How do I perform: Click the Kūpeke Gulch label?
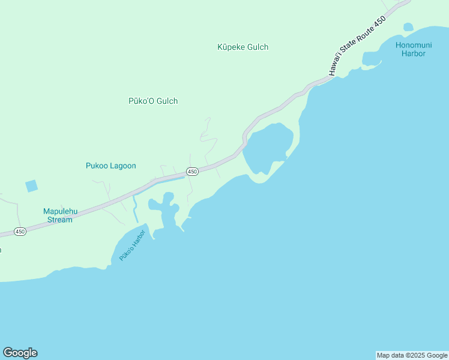(x=243, y=47)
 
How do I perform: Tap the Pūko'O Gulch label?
(x=153, y=101)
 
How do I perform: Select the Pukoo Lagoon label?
(x=111, y=166)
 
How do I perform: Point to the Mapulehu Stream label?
(x=58, y=215)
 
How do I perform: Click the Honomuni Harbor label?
(x=411, y=49)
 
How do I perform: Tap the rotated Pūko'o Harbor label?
(x=132, y=245)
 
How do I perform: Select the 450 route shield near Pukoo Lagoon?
(x=192, y=172)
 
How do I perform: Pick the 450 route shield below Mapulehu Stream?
(x=20, y=232)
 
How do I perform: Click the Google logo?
(x=20, y=353)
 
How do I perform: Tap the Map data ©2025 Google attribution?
(x=412, y=355)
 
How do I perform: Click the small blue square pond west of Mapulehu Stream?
(x=32, y=186)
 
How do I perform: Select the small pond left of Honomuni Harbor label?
(x=408, y=27)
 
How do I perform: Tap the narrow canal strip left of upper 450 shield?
(x=168, y=179)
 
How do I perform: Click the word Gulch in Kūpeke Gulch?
(x=256, y=47)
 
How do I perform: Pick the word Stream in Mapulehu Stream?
(x=60, y=220)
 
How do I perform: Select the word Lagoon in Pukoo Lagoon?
(x=123, y=166)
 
